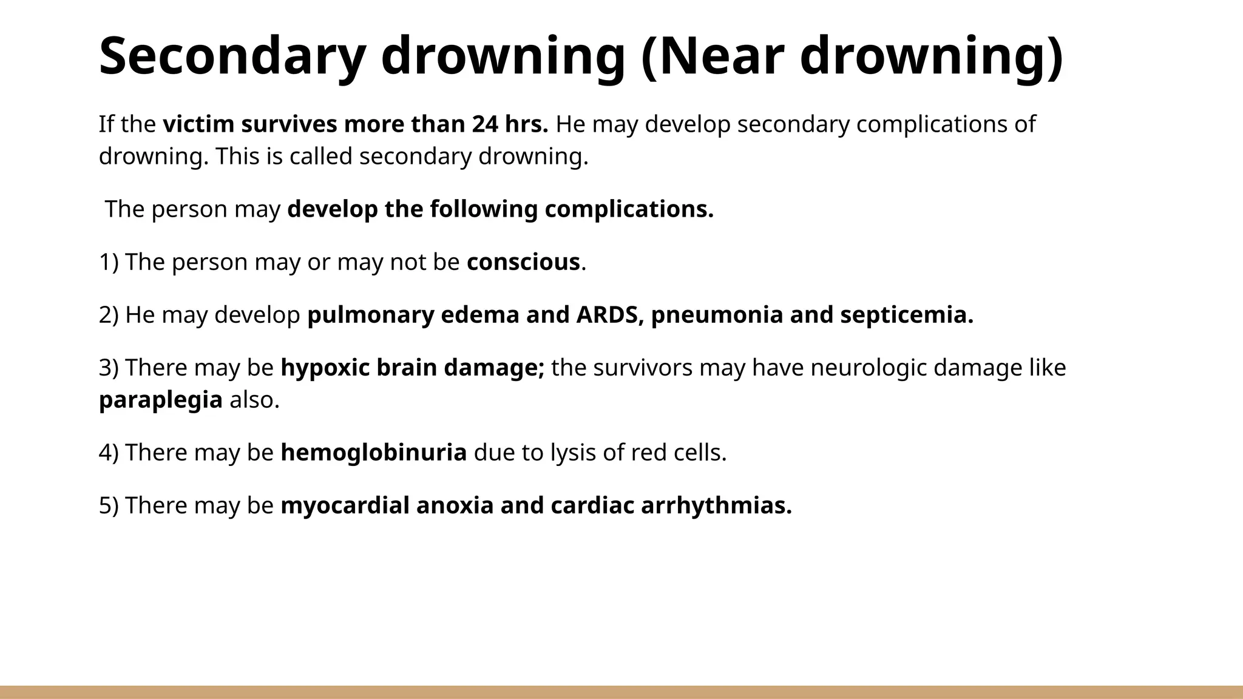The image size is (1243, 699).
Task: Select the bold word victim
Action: point(198,124)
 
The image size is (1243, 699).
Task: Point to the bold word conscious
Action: point(523,262)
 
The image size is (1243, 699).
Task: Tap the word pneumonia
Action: point(717,315)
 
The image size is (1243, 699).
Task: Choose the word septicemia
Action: point(906,315)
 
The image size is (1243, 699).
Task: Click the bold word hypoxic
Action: point(325,368)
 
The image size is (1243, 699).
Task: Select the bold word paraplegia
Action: point(160,400)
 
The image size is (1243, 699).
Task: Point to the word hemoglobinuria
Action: point(373,453)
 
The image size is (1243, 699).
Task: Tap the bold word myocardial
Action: point(345,505)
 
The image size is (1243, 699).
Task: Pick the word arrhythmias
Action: point(716,505)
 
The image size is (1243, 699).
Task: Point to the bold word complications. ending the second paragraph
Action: point(629,209)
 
